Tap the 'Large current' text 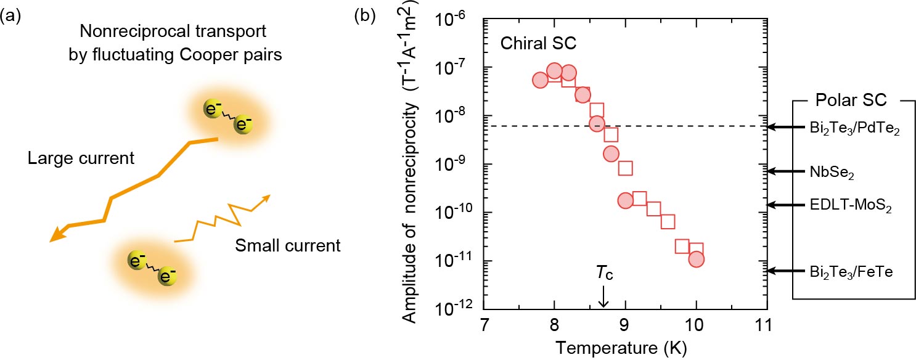pos(81,158)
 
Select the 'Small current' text pos(288,246)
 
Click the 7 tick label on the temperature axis pos(484,325)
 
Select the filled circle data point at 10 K pos(696,259)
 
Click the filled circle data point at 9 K pos(625,200)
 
